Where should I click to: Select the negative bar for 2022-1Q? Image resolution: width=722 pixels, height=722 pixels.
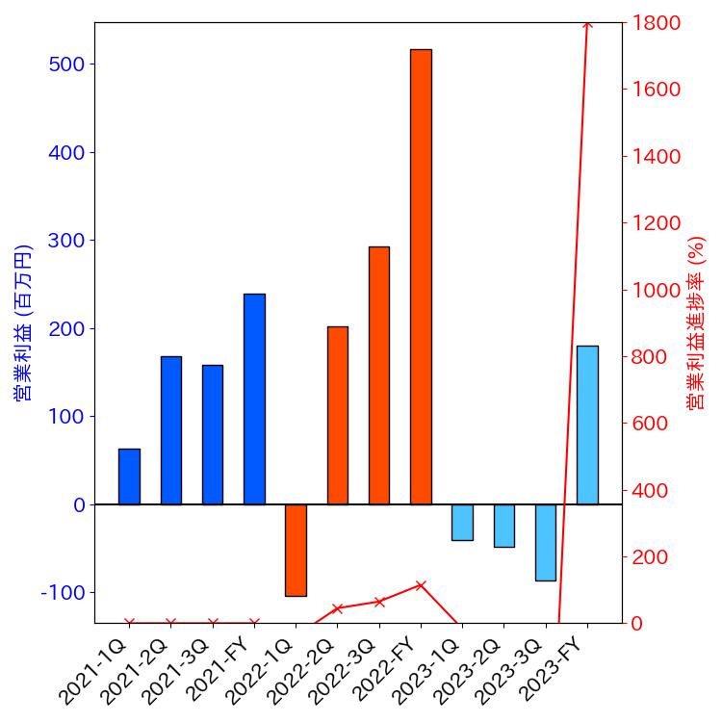pyautogui.click(x=296, y=550)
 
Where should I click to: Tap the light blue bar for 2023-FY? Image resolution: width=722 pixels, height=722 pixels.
pyautogui.click(x=587, y=425)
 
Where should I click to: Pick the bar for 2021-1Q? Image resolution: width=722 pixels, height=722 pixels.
pyautogui.click(x=129, y=477)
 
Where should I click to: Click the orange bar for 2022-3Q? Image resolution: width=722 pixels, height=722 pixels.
pyautogui.click(x=379, y=375)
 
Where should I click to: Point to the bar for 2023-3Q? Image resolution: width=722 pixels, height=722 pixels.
pyautogui.click(x=546, y=542)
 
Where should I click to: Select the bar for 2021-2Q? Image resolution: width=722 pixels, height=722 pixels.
pyautogui.click(x=170, y=430)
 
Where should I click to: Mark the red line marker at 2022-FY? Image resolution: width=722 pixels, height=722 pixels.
pyautogui.click(x=421, y=584)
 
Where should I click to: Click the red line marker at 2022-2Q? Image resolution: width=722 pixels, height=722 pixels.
pyautogui.click(x=337, y=608)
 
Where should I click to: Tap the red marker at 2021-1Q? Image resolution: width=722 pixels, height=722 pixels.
pyautogui.click(x=129, y=623)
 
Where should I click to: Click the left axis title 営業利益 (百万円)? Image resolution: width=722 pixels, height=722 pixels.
pyautogui.click(x=23, y=322)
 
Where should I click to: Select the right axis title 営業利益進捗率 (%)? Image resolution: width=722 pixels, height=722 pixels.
pyautogui.click(x=696, y=322)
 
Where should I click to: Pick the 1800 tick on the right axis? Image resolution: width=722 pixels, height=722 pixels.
pyautogui.click(x=656, y=22)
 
